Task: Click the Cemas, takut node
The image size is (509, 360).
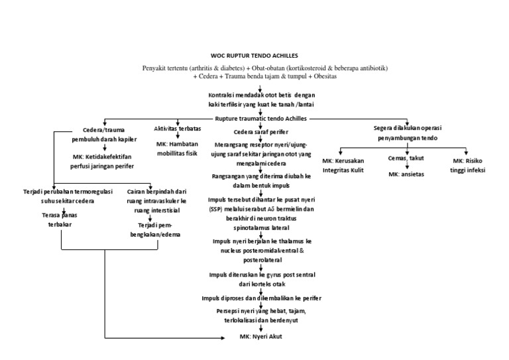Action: (406, 159)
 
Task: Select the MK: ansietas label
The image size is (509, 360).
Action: (406, 174)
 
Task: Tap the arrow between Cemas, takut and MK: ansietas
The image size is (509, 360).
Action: (407, 166)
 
